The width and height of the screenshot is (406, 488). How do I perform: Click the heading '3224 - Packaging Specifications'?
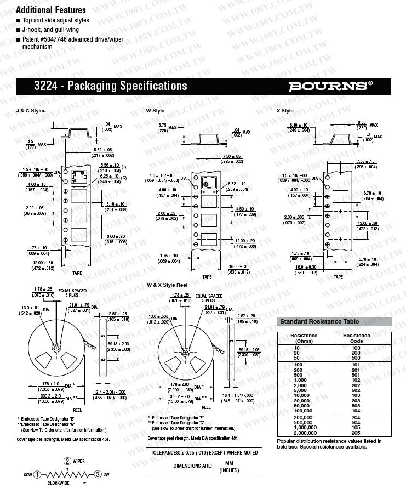[x=110, y=86]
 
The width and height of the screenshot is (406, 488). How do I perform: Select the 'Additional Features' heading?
[x=51, y=10]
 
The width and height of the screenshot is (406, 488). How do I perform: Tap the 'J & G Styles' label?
[x=32, y=111]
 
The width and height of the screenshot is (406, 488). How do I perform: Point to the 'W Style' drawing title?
[x=155, y=111]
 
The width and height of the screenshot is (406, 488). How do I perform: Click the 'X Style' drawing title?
[x=285, y=111]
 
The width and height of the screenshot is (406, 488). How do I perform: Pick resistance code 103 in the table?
[x=356, y=395]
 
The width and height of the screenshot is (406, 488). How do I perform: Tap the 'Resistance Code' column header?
[x=356, y=338]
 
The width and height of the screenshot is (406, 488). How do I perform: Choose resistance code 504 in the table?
[x=356, y=423]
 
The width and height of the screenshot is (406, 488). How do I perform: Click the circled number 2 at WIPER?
[x=67, y=461]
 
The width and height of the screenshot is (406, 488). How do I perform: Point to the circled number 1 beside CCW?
[x=36, y=474]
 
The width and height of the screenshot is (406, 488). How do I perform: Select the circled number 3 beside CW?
[x=98, y=474]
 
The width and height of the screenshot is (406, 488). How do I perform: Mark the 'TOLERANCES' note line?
[x=204, y=452]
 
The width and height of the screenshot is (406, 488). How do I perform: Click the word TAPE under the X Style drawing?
[x=339, y=277]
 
